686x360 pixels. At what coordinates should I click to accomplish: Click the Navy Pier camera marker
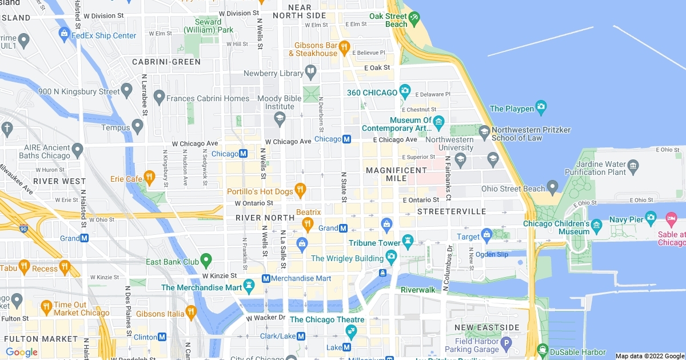pos(651,218)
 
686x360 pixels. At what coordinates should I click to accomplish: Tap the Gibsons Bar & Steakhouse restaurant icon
pos(344,47)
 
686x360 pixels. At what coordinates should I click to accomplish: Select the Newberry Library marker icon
pos(311,72)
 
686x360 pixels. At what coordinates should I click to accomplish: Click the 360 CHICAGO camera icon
pos(405,91)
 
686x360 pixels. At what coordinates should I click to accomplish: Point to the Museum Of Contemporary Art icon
pos(438,121)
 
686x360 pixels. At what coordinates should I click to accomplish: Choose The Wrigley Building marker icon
pos(391,256)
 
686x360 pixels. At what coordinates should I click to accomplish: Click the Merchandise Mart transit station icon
pos(266,278)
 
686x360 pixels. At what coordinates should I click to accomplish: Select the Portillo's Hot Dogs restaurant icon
pos(300,190)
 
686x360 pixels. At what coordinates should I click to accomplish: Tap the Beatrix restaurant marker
pos(308,224)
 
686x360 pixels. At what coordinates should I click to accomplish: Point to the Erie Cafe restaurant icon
pos(149,177)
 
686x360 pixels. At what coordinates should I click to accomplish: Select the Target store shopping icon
pos(486,234)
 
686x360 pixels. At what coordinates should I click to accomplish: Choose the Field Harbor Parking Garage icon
pos(505,345)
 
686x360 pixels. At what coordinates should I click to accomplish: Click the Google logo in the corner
pos(22,352)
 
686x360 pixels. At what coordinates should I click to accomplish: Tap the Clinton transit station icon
pos(162,337)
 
